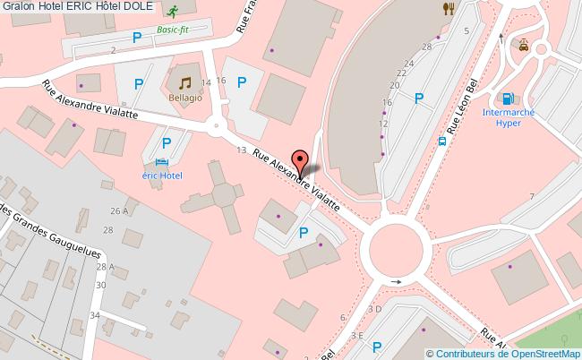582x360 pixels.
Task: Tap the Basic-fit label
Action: click(171, 30)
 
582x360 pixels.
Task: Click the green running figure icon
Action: click(172, 11)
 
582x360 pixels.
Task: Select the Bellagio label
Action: click(185, 92)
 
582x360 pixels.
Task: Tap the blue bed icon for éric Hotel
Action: click(160, 162)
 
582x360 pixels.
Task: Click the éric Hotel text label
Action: click(160, 176)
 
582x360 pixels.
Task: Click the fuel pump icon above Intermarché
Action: click(508, 98)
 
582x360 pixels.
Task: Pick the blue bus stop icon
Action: click(442, 140)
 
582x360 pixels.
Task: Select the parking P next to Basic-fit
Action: click(137, 37)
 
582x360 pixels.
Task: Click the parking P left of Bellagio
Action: click(139, 84)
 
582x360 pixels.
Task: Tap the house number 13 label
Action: click(241, 150)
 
